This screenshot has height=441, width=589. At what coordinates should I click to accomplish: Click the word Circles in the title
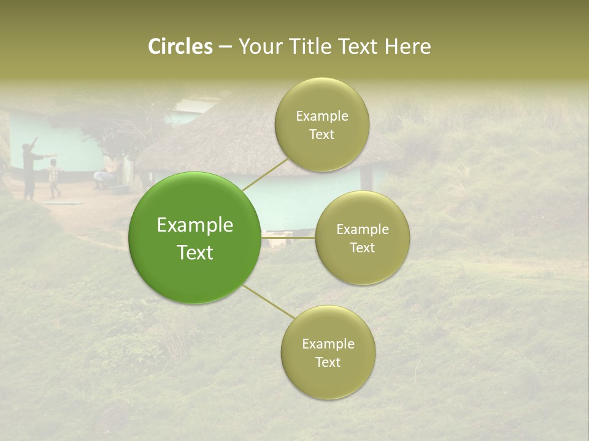[180, 47]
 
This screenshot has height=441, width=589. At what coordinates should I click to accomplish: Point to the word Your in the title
[260, 47]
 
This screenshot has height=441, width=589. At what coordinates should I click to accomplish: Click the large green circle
[194, 238]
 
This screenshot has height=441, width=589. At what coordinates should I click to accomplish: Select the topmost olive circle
[321, 125]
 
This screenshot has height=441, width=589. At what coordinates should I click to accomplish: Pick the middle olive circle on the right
[362, 238]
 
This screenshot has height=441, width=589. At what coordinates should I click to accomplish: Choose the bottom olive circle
[328, 352]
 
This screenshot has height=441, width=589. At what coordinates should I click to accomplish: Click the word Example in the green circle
[194, 225]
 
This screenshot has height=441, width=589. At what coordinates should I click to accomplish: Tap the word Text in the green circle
[194, 252]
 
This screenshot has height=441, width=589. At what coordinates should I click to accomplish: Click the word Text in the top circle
[321, 135]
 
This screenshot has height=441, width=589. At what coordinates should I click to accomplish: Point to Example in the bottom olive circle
[328, 344]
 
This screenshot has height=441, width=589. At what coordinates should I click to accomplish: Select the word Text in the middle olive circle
[362, 247]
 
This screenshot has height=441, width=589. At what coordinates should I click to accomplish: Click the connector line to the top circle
[265, 173]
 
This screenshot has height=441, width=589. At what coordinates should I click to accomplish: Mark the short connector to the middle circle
[288, 236]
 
